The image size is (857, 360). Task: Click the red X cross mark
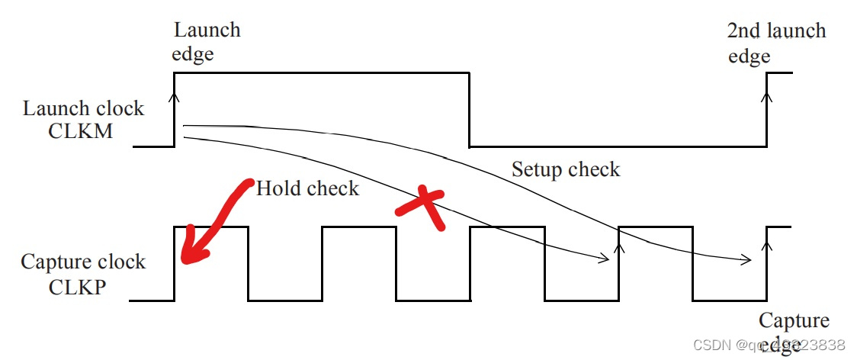pos(419,208)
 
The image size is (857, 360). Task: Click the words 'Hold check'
pos(307,188)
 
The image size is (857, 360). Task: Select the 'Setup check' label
pos(566,169)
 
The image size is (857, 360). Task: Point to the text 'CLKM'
pos(80,131)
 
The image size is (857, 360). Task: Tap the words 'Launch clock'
pos(83,108)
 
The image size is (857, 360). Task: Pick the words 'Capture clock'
pos(83,262)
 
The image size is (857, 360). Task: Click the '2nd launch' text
pos(776,31)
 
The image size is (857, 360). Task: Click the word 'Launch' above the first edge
pos(207,31)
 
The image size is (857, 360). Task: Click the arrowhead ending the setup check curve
pos(747,260)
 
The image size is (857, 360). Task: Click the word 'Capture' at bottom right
pos(794,321)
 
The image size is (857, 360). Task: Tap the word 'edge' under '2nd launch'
pos(749,56)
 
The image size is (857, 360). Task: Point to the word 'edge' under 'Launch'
pos(193,55)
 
